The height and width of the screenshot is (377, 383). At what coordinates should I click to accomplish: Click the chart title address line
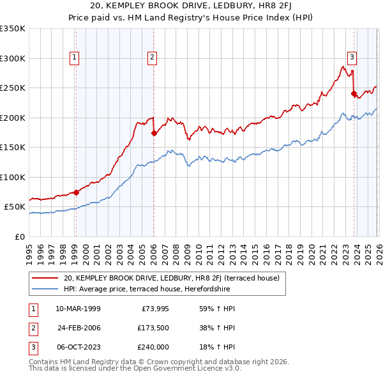(191, 6)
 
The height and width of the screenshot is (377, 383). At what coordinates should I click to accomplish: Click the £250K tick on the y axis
(13, 88)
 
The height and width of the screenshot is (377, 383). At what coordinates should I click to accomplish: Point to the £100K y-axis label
(13, 177)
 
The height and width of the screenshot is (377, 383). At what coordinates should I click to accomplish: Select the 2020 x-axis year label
(310, 249)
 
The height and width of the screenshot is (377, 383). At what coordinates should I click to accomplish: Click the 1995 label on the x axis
(29, 249)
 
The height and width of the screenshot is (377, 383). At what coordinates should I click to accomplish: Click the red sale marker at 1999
(76, 192)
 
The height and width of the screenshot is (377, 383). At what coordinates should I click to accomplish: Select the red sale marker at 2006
(154, 134)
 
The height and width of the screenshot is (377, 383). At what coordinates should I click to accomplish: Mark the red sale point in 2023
(353, 94)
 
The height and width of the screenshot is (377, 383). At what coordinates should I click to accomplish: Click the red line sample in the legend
(45, 278)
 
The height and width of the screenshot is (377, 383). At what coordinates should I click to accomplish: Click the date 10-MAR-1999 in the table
(78, 309)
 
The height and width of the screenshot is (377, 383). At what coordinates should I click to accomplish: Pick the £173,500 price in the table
(151, 328)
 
